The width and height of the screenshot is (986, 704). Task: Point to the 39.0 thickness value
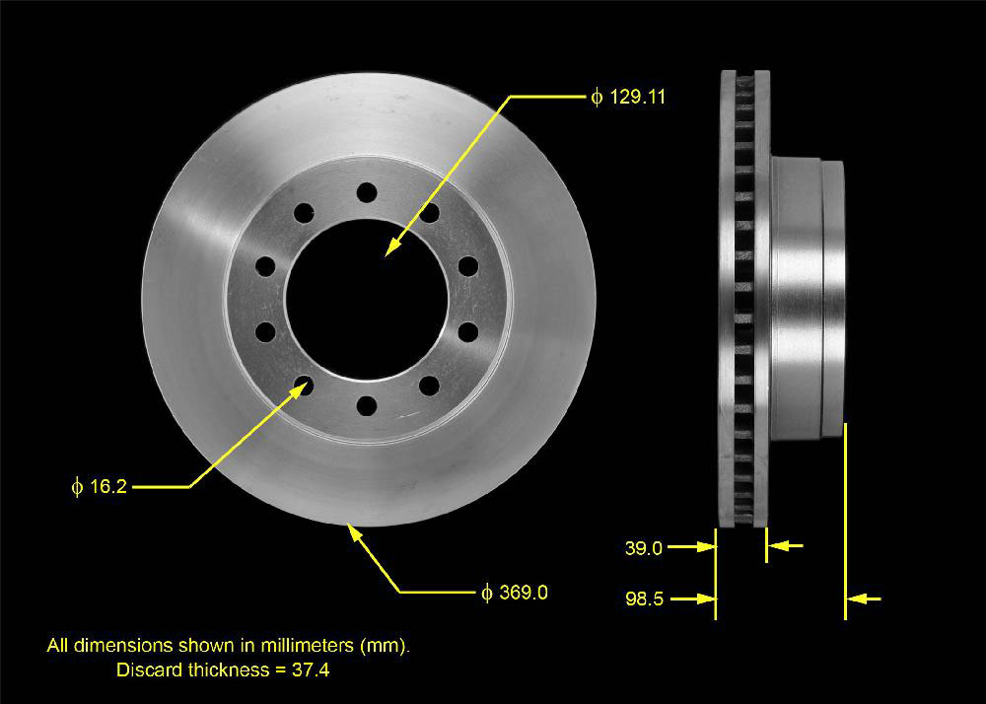(643, 548)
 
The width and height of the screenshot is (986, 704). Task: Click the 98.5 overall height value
(644, 599)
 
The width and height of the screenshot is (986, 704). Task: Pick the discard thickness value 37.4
(310, 670)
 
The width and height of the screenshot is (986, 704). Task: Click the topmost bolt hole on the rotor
(367, 191)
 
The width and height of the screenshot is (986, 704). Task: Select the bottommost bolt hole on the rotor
(367, 405)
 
